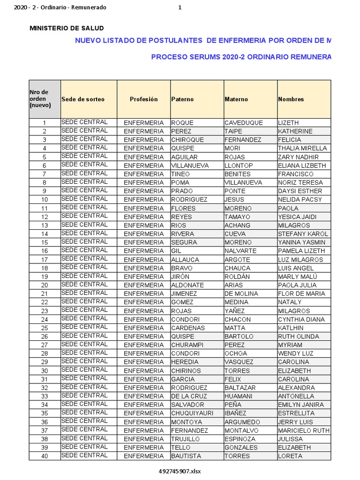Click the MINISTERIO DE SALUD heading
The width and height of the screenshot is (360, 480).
point(67,29)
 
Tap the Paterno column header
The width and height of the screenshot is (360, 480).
point(182,99)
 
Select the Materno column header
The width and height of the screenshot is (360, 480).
point(236,99)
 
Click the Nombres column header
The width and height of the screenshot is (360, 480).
point(291,99)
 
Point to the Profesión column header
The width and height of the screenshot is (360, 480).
point(144,99)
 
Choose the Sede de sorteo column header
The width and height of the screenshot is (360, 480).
point(83,99)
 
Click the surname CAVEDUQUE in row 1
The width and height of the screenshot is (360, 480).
point(244,123)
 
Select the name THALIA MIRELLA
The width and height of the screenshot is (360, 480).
point(302,148)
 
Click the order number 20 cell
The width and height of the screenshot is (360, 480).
point(45,285)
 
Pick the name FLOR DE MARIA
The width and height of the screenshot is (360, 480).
point(301,293)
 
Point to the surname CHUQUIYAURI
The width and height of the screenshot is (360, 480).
point(193,413)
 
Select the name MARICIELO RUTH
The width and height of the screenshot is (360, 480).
point(304,430)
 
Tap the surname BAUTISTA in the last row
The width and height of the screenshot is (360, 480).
point(186,456)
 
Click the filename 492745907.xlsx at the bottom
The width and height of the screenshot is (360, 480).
point(180,471)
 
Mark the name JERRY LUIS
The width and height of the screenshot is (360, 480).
point(295,422)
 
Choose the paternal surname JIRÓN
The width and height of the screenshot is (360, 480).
point(180,277)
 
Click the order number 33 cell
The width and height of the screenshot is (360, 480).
point(45,396)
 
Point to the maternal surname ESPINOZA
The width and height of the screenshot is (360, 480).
point(240,439)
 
